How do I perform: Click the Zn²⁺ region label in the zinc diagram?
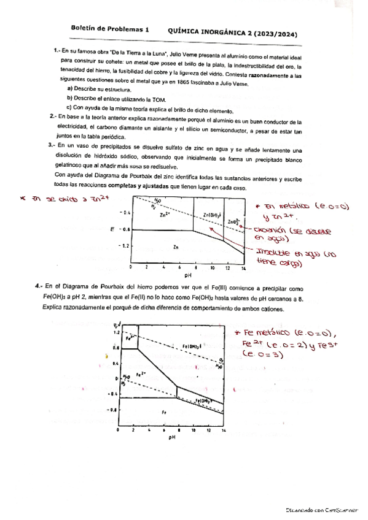(x=163, y=215)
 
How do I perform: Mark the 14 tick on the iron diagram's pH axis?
(x=224, y=432)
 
